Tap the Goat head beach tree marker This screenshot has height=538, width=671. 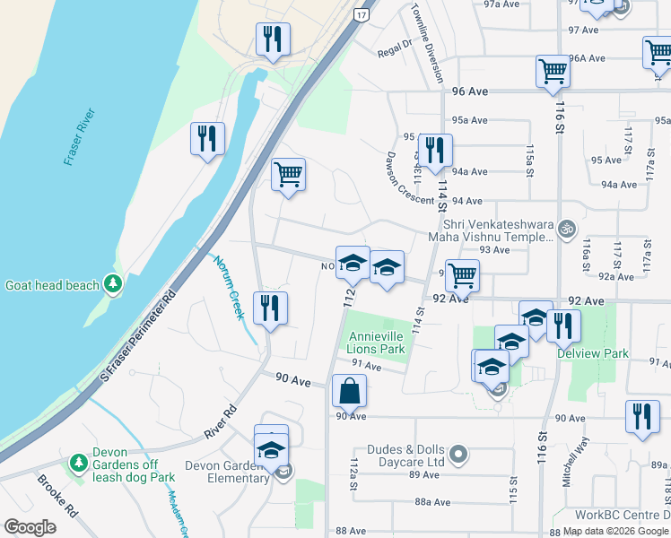pos(112,285)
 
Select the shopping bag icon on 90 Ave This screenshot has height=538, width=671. pos(349,391)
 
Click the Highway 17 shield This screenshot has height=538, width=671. pos(360,15)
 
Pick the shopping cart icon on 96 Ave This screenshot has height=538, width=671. pos(553,71)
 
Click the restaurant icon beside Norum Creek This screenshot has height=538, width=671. pos(270,308)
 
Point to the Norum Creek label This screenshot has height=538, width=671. pos(229,287)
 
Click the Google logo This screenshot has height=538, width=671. pos(30,527)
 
